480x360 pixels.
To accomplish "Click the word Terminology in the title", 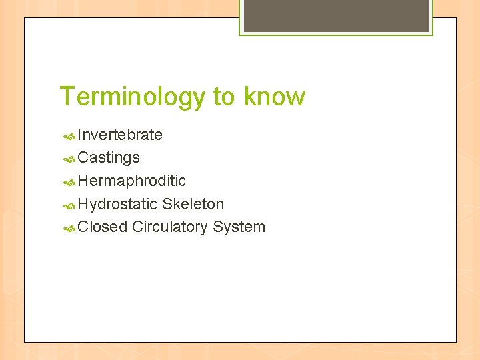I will pyautogui.click(x=133, y=97).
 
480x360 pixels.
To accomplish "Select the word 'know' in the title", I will pyautogui.click(x=275, y=97).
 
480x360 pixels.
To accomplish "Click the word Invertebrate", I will pyautogui.click(x=120, y=135).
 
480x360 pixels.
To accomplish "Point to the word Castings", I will pyautogui.click(x=109, y=158).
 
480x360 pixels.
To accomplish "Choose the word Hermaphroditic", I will pyautogui.click(x=131, y=181).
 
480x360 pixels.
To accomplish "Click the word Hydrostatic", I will pyautogui.click(x=118, y=204).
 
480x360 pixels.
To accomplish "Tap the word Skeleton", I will pyautogui.click(x=193, y=204).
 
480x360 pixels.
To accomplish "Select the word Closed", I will pyautogui.click(x=102, y=227).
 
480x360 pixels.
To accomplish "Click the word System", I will pyautogui.click(x=239, y=227).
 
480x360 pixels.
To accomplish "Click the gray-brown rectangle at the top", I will pyautogui.click(x=336, y=15).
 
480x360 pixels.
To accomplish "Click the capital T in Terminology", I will pyautogui.click(x=67, y=97).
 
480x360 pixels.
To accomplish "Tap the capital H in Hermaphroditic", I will pyautogui.click(x=83, y=181).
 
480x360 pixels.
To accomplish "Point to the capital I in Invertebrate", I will pyautogui.click(x=79, y=135).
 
